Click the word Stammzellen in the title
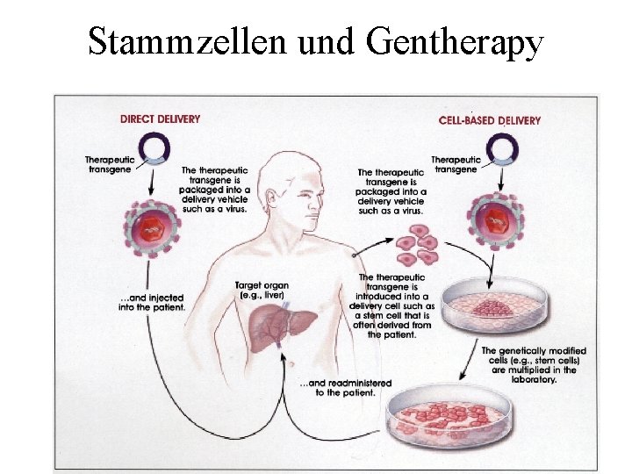(x=189, y=41)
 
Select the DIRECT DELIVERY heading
(x=160, y=119)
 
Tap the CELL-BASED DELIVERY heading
(x=489, y=120)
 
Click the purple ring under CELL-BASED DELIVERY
(x=501, y=148)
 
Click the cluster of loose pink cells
(x=416, y=245)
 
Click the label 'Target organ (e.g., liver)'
(x=262, y=291)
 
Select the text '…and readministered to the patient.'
(x=346, y=388)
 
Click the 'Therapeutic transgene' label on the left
(x=108, y=164)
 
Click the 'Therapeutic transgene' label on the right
(x=456, y=165)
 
